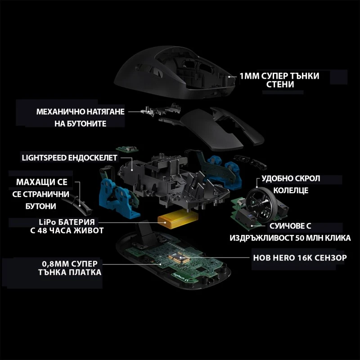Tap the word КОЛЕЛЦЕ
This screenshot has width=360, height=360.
pos(290,190)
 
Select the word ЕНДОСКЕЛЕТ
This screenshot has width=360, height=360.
pos(94,158)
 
